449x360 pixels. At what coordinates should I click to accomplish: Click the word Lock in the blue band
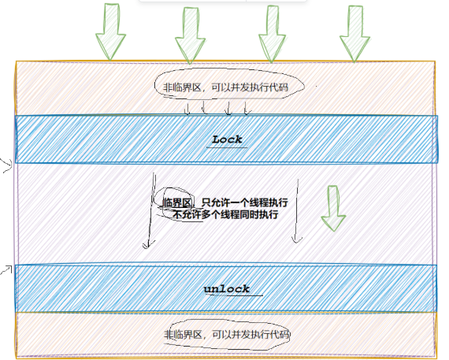point(227,139)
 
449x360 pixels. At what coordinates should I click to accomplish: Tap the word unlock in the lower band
point(227,288)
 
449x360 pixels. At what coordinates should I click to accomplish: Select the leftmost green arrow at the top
point(110,32)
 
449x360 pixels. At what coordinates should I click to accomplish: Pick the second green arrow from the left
point(190,35)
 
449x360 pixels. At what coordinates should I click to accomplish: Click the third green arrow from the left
point(272,34)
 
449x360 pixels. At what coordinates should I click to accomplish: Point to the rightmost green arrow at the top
point(354,34)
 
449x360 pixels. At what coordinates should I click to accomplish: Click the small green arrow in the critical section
point(333,208)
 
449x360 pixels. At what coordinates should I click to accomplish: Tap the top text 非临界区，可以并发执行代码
point(225,87)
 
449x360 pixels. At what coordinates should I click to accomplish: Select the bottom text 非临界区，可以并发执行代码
point(227,334)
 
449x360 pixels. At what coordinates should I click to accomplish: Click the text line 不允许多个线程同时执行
point(225,214)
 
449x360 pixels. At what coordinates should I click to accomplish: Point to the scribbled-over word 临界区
point(176,202)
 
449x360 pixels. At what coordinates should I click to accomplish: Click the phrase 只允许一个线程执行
point(245,202)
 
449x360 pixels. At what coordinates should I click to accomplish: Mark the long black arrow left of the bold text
point(151,210)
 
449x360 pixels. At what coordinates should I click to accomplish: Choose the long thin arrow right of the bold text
point(297,211)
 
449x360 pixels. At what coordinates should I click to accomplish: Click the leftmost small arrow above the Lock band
point(187,109)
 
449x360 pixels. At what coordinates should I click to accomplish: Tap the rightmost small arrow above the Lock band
point(247,108)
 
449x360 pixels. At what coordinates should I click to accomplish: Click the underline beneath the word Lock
point(227,147)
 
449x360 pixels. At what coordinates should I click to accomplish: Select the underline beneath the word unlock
point(234,295)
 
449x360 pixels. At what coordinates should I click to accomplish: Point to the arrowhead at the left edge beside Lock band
point(7,165)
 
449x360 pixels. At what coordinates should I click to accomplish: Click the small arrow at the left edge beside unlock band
point(6,269)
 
